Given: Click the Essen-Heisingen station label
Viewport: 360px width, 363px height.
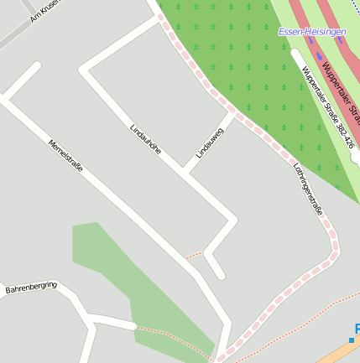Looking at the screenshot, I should click(311, 32).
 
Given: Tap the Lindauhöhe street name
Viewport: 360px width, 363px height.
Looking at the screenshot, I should click(145, 139).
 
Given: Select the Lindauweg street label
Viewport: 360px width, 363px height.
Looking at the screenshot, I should click(210, 143).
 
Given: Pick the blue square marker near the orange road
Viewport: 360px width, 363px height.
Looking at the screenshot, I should click(352, 340).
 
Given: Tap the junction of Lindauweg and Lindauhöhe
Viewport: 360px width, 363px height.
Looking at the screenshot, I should click(187, 168).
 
